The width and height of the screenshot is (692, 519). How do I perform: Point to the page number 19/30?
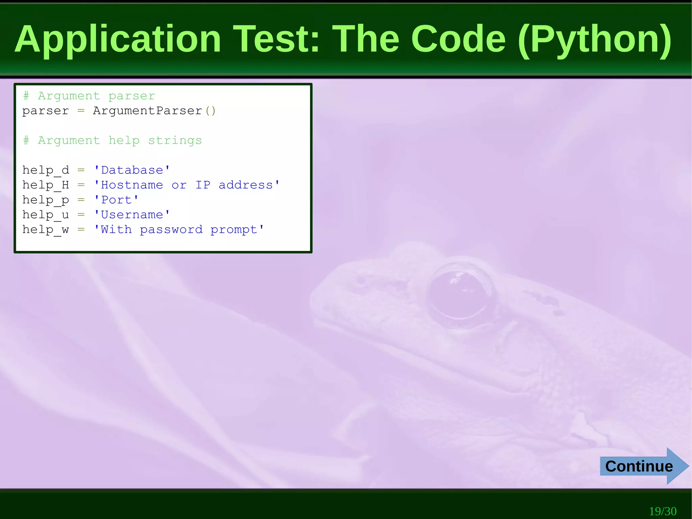click(x=663, y=511)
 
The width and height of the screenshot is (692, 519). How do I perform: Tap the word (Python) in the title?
click(x=595, y=40)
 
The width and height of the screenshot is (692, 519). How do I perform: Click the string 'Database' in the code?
click(x=132, y=170)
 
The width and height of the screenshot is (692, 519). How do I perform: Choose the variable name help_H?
click(x=46, y=185)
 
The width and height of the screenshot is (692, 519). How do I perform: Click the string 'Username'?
click(x=132, y=215)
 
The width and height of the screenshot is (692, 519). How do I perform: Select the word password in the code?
click(x=171, y=230)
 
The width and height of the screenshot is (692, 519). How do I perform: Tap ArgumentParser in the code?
click(x=148, y=111)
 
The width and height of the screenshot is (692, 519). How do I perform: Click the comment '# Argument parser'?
click(x=89, y=96)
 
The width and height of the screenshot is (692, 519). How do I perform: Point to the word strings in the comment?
click(x=175, y=141)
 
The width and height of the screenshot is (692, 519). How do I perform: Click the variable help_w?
click(x=46, y=230)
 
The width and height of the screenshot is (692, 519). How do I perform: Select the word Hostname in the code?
click(x=132, y=185)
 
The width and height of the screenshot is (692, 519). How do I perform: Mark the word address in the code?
click(x=246, y=185)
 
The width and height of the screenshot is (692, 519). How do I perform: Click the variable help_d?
click(x=46, y=170)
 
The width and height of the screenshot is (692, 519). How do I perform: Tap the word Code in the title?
click(x=458, y=40)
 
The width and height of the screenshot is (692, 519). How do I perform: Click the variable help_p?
click(x=46, y=200)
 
